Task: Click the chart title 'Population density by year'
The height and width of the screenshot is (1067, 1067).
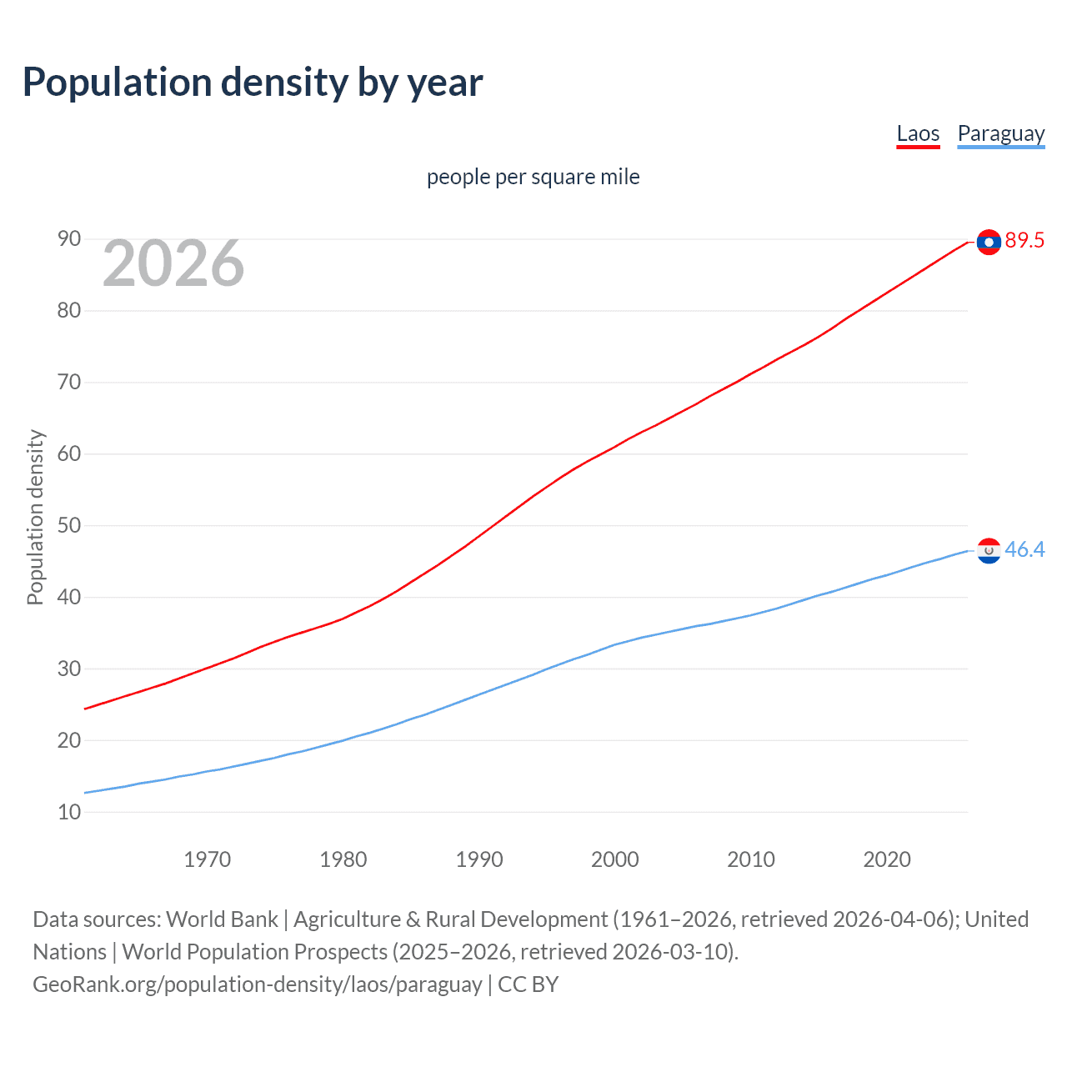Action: pos(253,83)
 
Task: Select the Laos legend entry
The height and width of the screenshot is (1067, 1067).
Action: pos(918,133)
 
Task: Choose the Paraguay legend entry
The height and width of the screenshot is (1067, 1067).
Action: pos(1000,133)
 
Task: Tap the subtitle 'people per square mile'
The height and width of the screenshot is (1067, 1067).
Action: pos(533,177)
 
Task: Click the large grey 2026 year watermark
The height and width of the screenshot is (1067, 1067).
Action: pos(173,263)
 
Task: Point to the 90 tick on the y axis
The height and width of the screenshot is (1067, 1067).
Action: pos(69,239)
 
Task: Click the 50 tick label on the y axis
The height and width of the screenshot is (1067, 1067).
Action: pos(69,526)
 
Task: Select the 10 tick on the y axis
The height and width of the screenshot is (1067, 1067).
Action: pos(69,812)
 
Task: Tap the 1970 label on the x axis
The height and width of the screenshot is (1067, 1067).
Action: pos(207,859)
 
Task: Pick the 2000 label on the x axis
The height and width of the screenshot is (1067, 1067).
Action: pos(614,859)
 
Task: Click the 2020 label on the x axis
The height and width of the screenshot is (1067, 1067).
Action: pos(886,859)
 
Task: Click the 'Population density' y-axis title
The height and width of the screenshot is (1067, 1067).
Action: pos(35,517)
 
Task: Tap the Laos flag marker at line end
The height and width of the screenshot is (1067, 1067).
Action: pos(989,242)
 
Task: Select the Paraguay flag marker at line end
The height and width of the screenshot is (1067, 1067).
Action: pos(989,551)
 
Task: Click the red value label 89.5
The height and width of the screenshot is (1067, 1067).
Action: pos(1024,241)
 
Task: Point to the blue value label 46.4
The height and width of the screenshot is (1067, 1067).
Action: pos(1024,550)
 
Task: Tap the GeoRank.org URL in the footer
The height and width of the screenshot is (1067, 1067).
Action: pos(257,984)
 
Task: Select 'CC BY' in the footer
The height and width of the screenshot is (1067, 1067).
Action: pos(528,984)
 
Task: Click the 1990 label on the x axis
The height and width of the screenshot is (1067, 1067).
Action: pos(478,859)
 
